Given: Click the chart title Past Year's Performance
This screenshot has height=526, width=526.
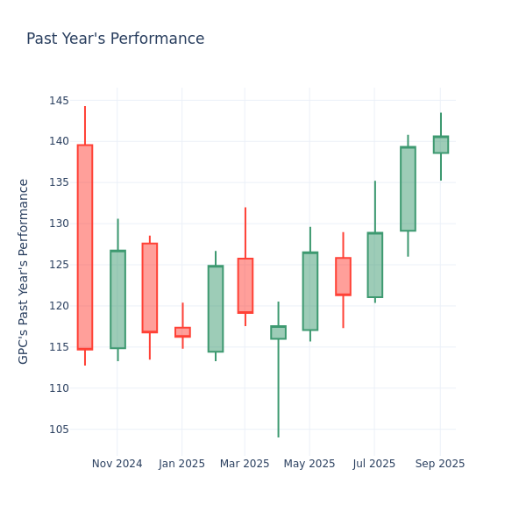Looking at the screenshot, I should pos(115,39).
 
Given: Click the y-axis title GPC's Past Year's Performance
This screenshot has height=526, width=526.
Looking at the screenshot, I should pos(24,271).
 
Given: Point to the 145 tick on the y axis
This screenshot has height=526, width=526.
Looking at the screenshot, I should pos(59,101).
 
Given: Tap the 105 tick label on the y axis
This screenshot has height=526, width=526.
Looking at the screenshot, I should pos(59,430).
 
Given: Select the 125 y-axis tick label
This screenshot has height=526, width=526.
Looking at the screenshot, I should pos(59,265).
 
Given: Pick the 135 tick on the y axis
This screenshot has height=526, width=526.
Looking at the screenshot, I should pos(59,182).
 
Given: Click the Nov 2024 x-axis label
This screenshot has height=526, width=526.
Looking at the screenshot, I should pos(117,464).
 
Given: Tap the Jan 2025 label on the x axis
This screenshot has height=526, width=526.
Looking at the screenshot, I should pos(182,464).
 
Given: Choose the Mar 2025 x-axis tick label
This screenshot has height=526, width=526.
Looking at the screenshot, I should pos(245,464).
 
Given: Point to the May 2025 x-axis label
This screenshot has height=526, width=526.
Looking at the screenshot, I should pos(309,464).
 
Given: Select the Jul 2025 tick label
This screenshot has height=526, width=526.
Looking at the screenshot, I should pos(374,464).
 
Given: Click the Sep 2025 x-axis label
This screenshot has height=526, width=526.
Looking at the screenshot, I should pos(440,464).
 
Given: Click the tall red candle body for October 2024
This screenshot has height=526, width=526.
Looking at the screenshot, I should pos(85,247).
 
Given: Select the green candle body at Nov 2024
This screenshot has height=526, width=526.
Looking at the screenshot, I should pos(117,299).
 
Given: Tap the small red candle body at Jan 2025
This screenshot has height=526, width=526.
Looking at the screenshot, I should pos(182,332).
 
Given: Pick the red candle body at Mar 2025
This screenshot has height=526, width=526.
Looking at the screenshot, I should pos(245,286).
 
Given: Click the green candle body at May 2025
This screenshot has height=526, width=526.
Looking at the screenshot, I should pos(310,291).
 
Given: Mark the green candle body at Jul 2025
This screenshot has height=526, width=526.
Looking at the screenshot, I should pos(375,265).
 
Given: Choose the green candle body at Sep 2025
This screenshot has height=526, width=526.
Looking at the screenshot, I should pos(441,145).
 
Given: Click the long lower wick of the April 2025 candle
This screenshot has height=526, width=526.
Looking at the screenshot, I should pos(278,390).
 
